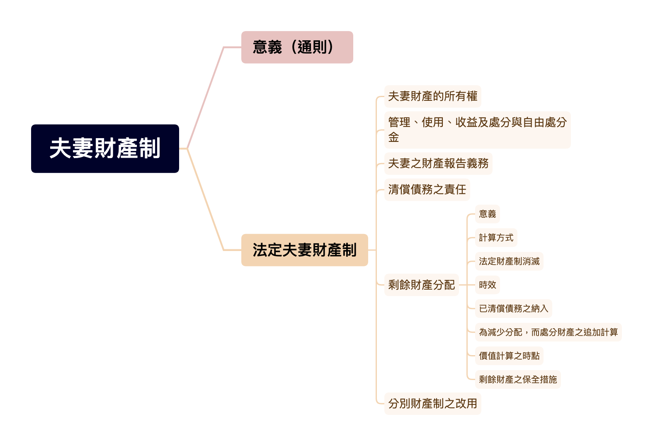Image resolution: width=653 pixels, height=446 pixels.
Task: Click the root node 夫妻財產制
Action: [x=105, y=149]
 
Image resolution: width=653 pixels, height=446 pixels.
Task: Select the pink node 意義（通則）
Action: [x=297, y=47]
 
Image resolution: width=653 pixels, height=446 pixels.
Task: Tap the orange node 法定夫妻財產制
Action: [x=304, y=250]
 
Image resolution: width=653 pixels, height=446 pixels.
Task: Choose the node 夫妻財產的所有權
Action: [x=432, y=96]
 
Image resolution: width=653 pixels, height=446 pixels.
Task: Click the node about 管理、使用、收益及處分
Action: [x=477, y=130]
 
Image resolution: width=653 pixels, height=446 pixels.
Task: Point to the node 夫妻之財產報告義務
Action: [x=438, y=163]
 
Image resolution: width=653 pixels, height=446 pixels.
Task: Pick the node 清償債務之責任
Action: [x=427, y=190]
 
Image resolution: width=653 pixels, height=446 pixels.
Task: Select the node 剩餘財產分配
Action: [x=421, y=285]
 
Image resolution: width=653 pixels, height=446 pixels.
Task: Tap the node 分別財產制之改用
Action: [x=432, y=403]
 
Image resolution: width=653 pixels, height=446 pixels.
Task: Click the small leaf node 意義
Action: [x=487, y=214]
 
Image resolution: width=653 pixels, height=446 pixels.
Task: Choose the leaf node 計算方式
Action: [x=496, y=238]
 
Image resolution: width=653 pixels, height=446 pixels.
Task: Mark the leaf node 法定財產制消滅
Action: [x=509, y=261]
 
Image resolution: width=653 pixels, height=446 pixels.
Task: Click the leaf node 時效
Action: [x=487, y=285]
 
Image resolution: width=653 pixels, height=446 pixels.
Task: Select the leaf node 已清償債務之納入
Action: [x=513, y=309]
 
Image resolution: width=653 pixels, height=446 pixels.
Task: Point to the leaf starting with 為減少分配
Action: [x=548, y=332]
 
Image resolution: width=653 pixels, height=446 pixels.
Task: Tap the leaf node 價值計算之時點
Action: [x=509, y=356]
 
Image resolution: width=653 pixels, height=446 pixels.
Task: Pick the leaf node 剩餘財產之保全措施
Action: [x=518, y=380]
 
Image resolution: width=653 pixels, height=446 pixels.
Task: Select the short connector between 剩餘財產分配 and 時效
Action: [x=467, y=285]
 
